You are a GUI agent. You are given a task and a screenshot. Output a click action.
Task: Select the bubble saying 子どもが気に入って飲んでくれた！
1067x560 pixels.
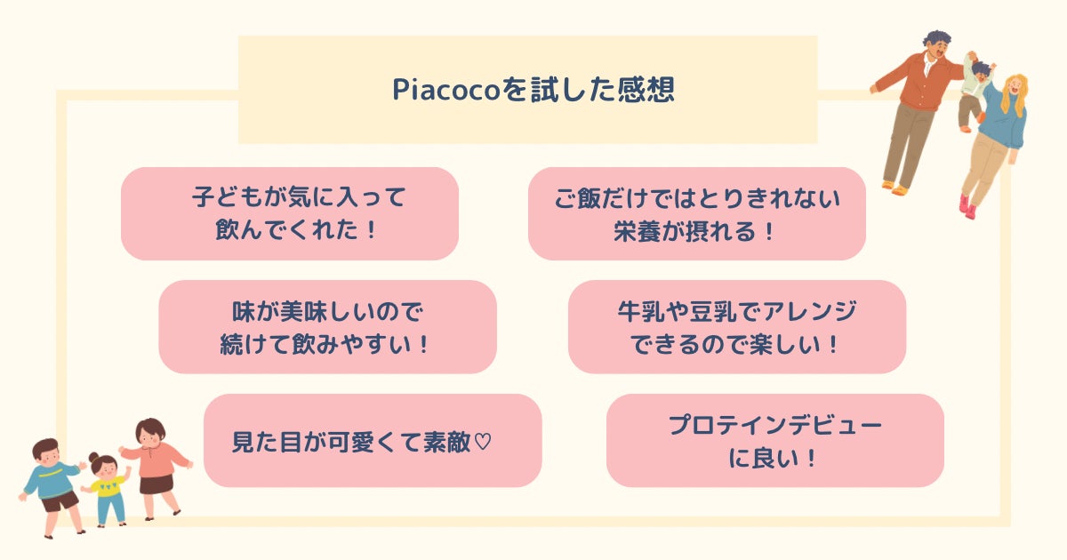click(290, 213)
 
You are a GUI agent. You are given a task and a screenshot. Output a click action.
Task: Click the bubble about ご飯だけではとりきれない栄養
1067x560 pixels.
click(696, 213)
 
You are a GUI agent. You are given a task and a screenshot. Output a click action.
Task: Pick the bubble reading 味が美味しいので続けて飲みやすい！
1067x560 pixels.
click(327, 326)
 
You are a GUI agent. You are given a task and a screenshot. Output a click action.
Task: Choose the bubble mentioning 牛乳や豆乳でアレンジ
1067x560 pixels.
click(736, 326)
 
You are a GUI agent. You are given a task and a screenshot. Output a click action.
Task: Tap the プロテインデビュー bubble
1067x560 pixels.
click(774, 441)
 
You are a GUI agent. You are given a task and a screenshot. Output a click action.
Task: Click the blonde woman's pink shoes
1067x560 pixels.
click(967, 206)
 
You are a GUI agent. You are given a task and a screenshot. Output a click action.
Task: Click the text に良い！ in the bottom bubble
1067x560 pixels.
click(774, 460)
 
